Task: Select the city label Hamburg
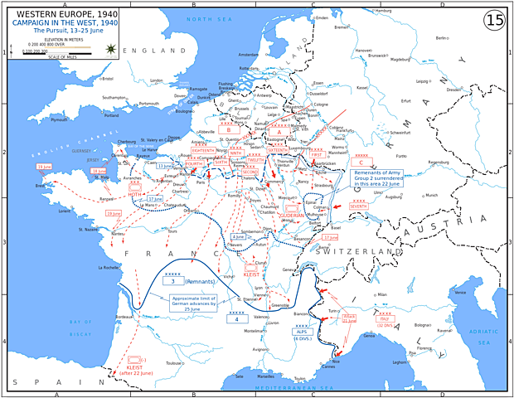click(x=384, y=11)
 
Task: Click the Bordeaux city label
click(x=125, y=316)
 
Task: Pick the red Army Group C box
click(x=361, y=163)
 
